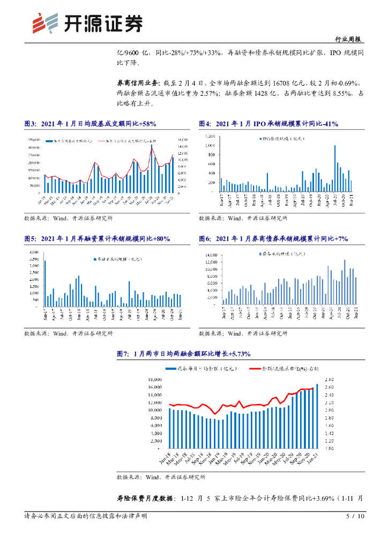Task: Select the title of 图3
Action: (90, 124)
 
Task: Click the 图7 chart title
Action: (176, 354)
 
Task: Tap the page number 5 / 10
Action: (355, 516)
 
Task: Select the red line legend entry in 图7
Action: (289, 369)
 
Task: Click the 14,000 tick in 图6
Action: (213, 256)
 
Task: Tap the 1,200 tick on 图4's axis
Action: (210, 137)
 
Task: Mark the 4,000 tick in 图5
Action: (33, 252)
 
